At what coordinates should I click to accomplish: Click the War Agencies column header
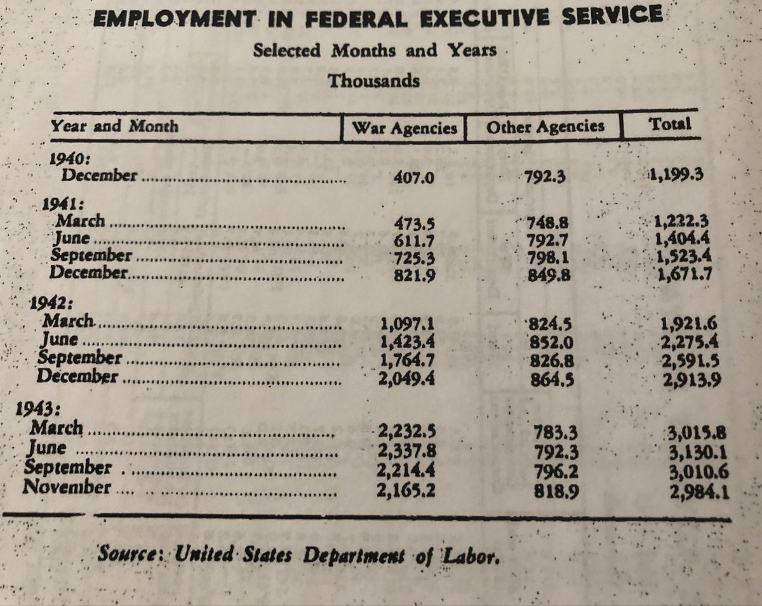point(404,127)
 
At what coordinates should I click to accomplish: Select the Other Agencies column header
point(545,126)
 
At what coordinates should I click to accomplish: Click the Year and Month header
point(114,126)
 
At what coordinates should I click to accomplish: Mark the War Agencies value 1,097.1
point(407,330)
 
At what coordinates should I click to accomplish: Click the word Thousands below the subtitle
point(373,81)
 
